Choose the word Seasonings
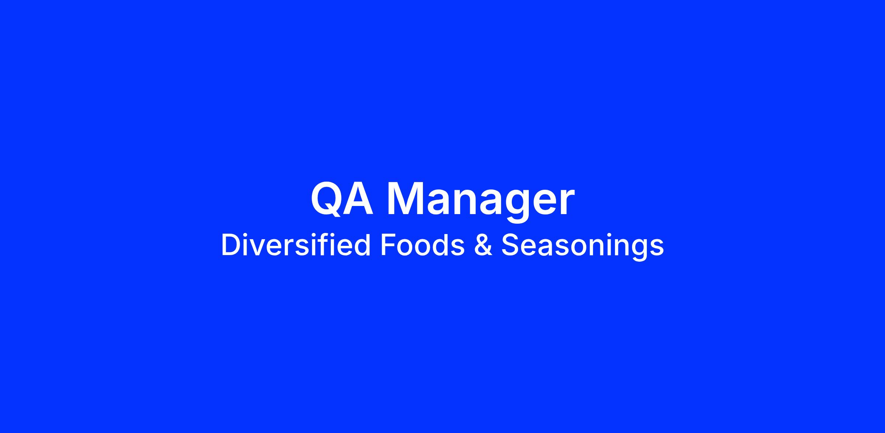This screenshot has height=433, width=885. (583, 247)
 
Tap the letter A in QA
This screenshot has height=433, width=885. (357, 199)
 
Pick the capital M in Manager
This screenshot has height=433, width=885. (403, 199)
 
